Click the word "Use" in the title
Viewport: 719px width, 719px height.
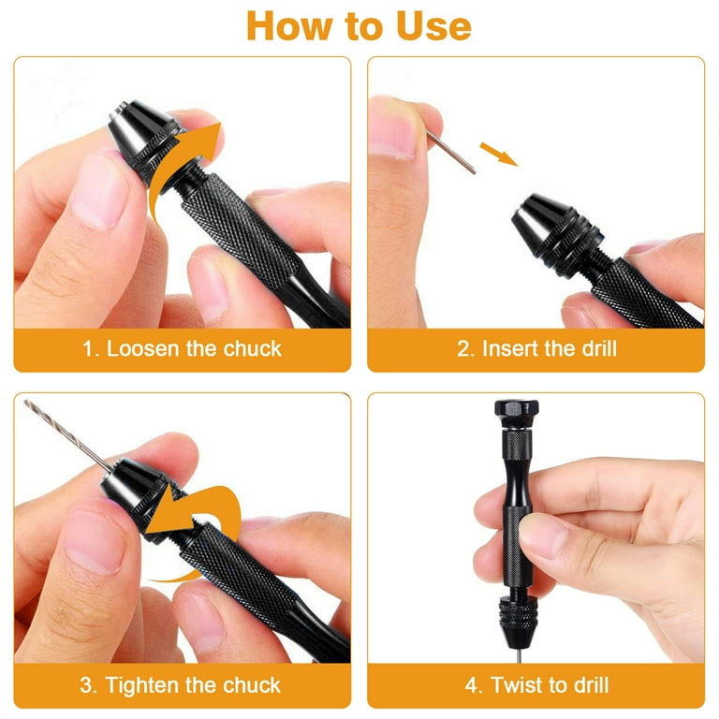[433, 26]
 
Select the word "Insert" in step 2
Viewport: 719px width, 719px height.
[509, 349]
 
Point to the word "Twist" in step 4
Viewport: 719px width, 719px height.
[518, 685]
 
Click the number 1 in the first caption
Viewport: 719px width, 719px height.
[88, 349]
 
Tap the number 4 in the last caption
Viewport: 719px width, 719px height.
[472, 685]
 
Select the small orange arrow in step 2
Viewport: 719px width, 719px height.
[499, 154]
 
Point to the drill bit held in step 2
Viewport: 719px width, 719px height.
[450, 152]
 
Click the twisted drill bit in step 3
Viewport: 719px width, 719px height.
[67, 434]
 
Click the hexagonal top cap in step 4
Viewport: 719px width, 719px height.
[517, 413]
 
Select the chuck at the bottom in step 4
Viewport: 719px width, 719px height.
[517, 622]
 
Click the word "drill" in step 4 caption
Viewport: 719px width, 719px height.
[591, 685]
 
